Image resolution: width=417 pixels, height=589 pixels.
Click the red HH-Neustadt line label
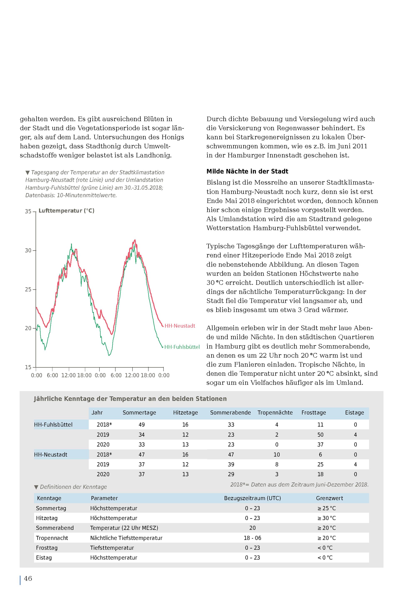pos(180,326)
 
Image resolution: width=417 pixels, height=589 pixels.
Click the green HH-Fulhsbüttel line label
pos(182,347)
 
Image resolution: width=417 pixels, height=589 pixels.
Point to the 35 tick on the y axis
pos(28,211)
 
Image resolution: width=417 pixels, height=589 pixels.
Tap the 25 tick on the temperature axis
pos(28,289)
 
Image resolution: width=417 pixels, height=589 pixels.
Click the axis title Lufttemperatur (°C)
pos(67,211)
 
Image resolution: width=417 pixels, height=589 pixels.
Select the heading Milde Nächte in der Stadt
pos(247,171)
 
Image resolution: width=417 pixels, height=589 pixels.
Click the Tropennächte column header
pos(275,413)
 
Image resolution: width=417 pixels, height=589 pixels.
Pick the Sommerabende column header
pos(230,413)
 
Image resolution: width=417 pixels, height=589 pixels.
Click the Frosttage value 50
pos(320,435)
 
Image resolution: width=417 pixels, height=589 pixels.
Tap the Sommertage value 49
pos(142,424)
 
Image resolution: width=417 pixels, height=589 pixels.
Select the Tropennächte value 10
pos(276,455)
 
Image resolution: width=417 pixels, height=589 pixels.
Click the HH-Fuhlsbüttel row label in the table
pos(53,424)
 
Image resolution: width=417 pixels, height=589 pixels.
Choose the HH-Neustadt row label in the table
pos(51,455)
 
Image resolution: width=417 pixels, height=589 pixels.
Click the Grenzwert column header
pos(329,498)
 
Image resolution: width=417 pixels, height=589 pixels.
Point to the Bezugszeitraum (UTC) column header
pos(252,498)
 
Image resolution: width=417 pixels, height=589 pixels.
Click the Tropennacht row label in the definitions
pos(52,538)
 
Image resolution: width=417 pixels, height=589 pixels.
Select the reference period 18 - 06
pos(252,538)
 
